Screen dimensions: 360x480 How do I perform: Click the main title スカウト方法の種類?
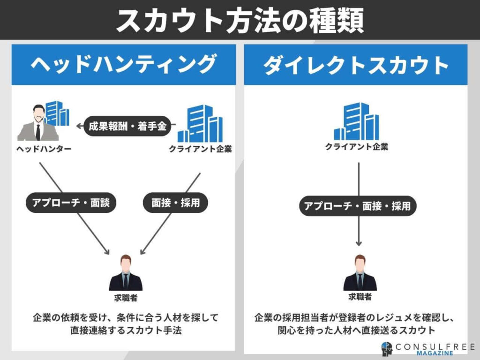coord(240,20)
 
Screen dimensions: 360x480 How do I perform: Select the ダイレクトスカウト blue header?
coord(356,65)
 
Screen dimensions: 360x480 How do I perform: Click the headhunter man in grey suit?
coord(38,124)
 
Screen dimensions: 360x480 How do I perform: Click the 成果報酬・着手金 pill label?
coord(127,126)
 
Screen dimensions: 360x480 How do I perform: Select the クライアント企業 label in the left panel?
coord(201,149)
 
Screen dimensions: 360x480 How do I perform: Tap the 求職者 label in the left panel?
coord(126,297)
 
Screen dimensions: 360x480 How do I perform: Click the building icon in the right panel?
coord(356,121)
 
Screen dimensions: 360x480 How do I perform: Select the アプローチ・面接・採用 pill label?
coord(357,206)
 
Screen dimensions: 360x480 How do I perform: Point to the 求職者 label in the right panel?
coord(360,297)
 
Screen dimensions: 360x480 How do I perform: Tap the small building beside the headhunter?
coord(58,113)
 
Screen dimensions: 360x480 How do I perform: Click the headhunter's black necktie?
coord(38,131)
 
